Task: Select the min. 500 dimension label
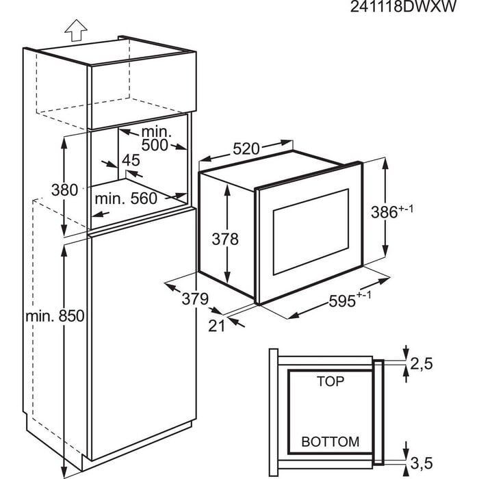pos(158,138)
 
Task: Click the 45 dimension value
pos(130,161)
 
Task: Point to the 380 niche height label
pos(65,190)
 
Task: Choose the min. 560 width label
pos(126,198)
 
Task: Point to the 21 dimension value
pos(216,326)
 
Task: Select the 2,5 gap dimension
pos(422,364)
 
